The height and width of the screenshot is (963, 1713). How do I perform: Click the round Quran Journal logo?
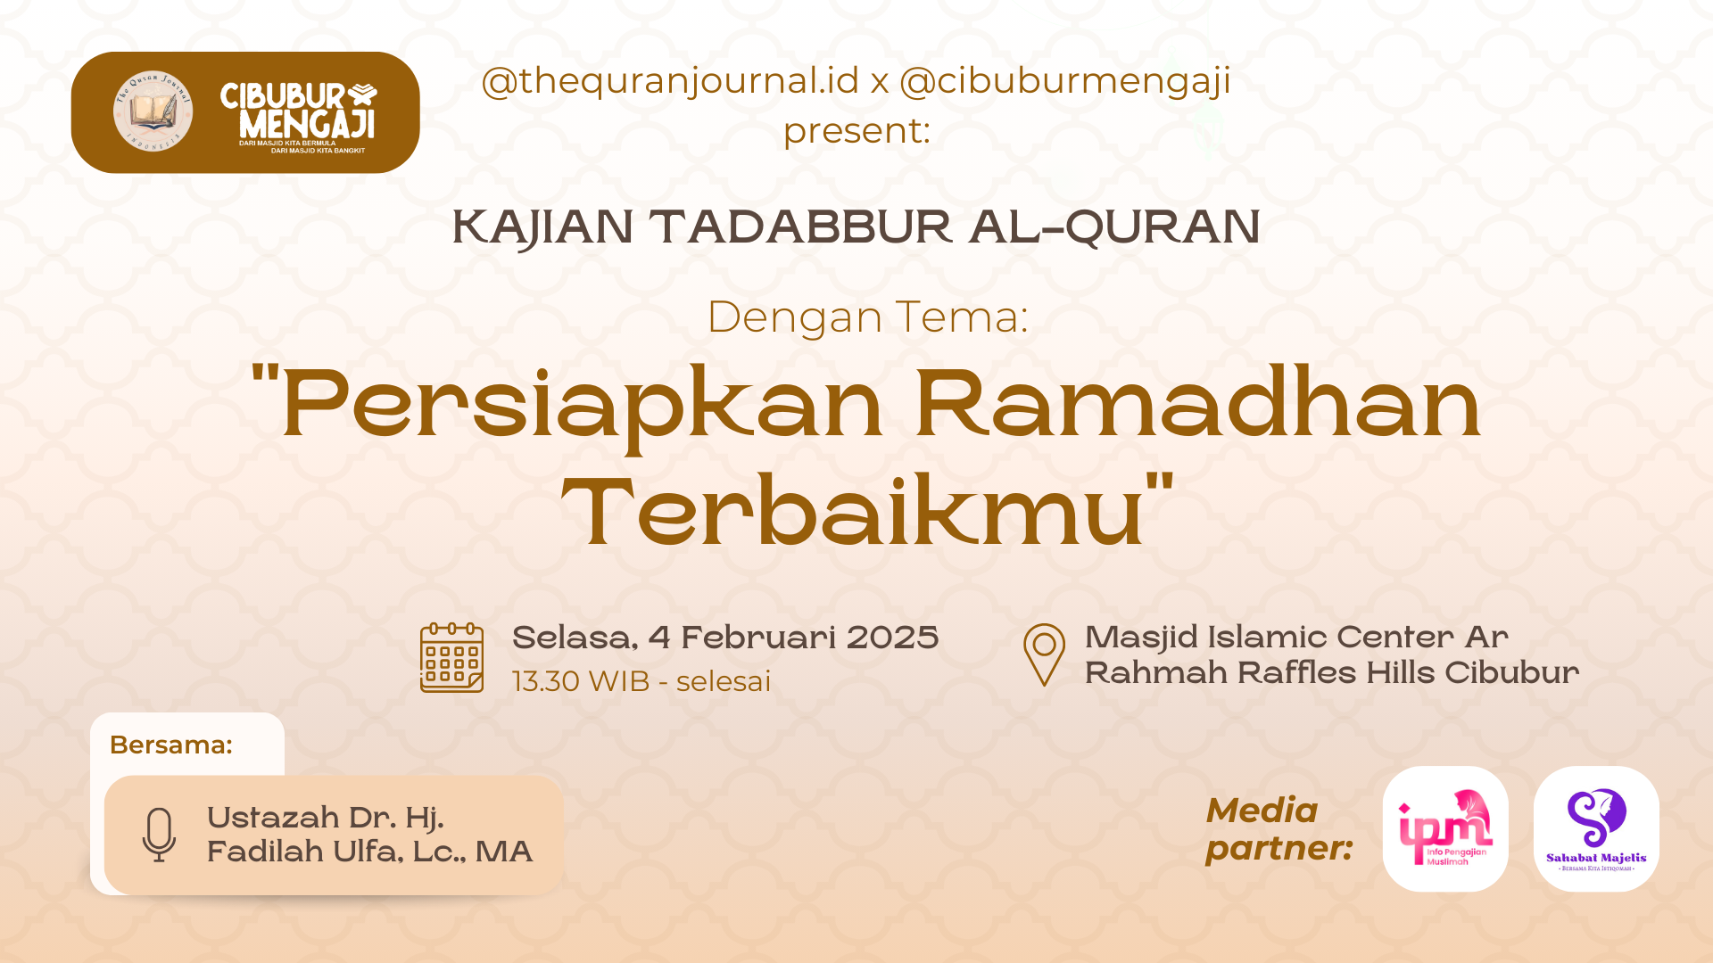pos(153,111)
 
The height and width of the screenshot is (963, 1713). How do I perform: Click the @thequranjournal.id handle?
pos(670,81)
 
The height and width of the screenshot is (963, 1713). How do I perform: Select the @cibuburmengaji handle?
pos(1064,81)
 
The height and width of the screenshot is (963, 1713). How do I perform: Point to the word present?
pos(856,131)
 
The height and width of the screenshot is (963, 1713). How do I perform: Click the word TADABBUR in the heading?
pos(800,226)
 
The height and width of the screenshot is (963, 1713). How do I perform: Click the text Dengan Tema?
pos(867,317)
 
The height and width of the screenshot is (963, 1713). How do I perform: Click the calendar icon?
pos(451,658)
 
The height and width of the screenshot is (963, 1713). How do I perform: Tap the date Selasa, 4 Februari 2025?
pos(725,638)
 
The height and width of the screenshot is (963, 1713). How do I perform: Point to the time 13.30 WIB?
pos(581,681)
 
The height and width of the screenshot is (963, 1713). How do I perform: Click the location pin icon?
pos(1044,654)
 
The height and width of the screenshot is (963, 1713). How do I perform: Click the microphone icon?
pos(159,835)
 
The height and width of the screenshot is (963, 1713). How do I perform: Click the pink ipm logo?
pos(1445,828)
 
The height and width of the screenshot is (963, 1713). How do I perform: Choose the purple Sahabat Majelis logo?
pos(1596,828)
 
